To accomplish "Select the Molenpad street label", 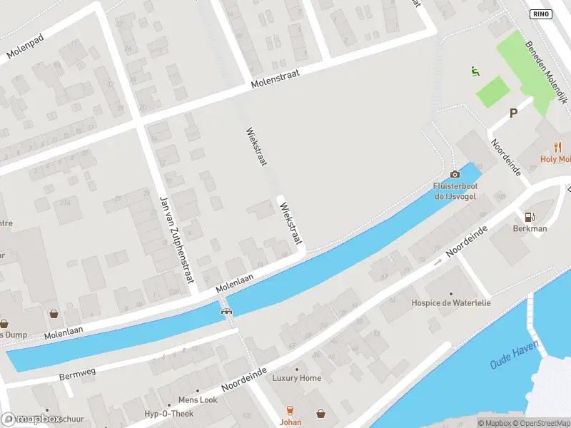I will pyautogui.click(x=25, y=46).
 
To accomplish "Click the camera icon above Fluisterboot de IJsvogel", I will pyautogui.click(x=455, y=175).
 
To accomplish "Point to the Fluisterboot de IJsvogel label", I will pyautogui.click(x=455, y=191).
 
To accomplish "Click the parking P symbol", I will pyautogui.click(x=512, y=113).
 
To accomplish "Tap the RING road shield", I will pyautogui.click(x=541, y=14).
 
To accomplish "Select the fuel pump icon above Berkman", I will pyautogui.click(x=530, y=217).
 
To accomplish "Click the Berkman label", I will pyautogui.click(x=530, y=229).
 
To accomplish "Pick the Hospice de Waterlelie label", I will pyautogui.click(x=451, y=302).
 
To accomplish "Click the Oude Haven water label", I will pyautogui.click(x=515, y=355).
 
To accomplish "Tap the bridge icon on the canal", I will pyautogui.click(x=227, y=310).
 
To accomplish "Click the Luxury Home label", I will pyautogui.click(x=297, y=378).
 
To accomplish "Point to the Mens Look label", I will pyautogui.click(x=198, y=400).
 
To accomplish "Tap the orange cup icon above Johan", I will pyautogui.click(x=290, y=410).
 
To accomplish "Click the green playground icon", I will pyautogui.click(x=475, y=71).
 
